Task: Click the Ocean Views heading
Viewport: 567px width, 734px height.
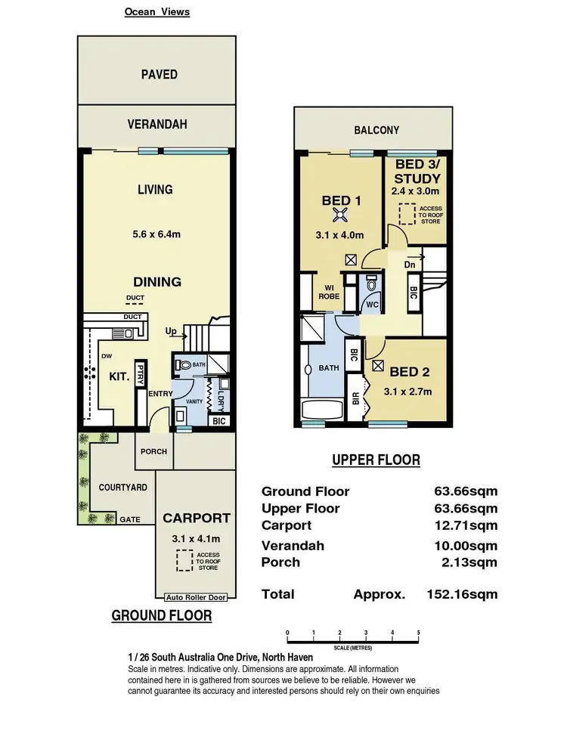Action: pyautogui.click(x=156, y=12)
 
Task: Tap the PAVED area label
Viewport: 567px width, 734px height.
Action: pyautogui.click(x=160, y=74)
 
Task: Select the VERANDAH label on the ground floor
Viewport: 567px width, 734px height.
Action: pyautogui.click(x=156, y=124)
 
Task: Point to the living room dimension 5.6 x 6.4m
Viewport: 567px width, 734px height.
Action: pyautogui.click(x=156, y=234)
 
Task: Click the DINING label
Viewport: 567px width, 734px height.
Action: pyautogui.click(x=158, y=282)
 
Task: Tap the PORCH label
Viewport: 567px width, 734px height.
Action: pyautogui.click(x=154, y=451)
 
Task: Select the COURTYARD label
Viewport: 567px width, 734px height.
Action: pyautogui.click(x=123, y=488)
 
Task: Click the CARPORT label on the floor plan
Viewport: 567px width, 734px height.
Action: pyautogui.click(x=197, y=519)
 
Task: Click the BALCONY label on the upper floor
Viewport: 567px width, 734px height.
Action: pyautogui.click(x=376, y=130)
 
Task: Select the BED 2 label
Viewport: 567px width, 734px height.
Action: pyautogui.click(x=411, y=371)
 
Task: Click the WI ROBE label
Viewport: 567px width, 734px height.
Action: pyautogui.click(x=328, y=292)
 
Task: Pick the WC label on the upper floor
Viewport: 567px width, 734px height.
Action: pyautogui.click(x=372, y=305)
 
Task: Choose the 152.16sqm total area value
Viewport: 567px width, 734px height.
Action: pyautogui.click(x=461, y=594)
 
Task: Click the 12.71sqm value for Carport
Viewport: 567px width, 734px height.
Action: pyautogui.click(x=466, y=525)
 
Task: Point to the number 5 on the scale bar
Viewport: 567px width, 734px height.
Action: pyautogui.click(x=418, y=632)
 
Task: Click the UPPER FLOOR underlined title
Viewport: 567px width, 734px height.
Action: pyautogui.click(x=376, y=460)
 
